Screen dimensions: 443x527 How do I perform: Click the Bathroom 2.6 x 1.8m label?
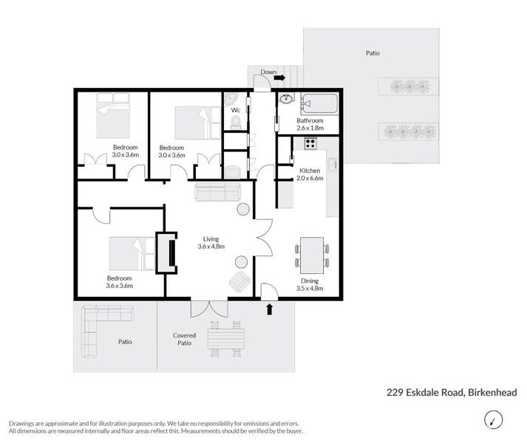[310, 123]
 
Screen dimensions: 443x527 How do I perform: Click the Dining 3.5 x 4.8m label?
[310, 284]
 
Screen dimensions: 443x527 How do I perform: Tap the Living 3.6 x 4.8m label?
[211, 243]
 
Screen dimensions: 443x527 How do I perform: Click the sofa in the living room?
[217, 193]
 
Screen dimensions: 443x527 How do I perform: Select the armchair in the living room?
[239, 281]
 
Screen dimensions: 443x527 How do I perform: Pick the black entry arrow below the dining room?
[269, 309]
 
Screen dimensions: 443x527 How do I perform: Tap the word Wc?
[236, 110]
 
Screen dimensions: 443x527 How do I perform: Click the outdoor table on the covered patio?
[225, 339]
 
